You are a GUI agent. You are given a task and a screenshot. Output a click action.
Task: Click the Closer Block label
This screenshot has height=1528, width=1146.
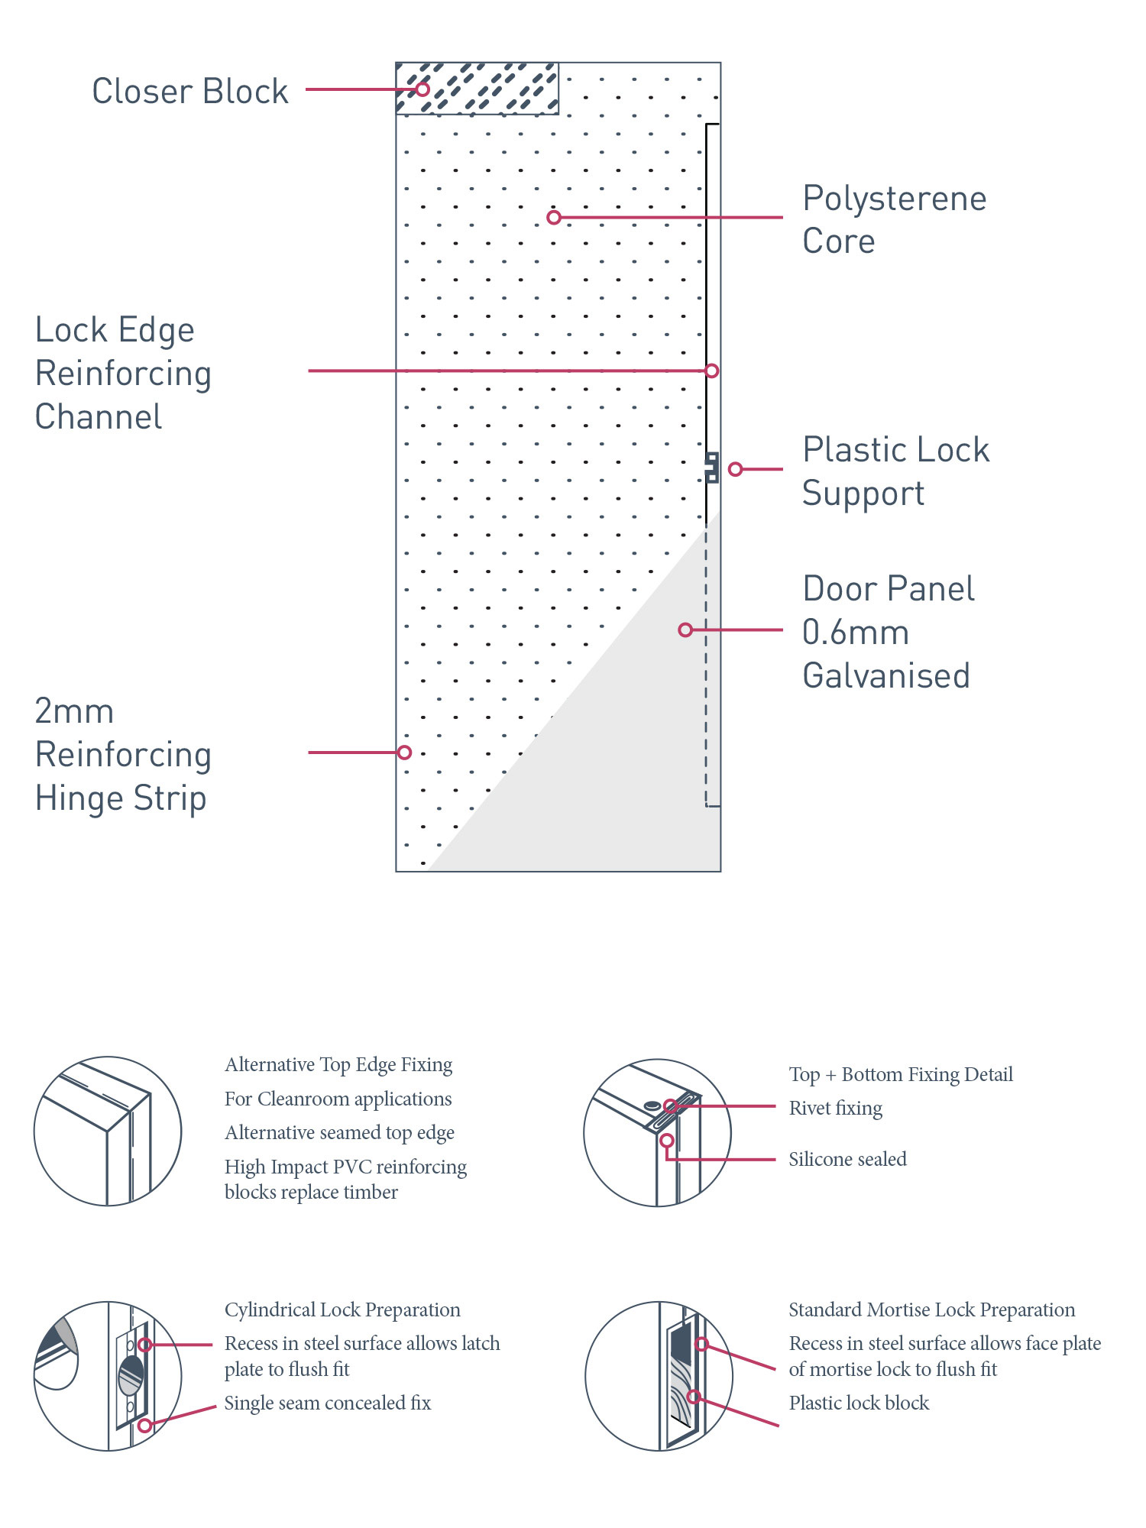[x=189, y=91]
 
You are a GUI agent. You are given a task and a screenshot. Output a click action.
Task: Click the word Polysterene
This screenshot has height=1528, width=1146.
[x=894, y=199]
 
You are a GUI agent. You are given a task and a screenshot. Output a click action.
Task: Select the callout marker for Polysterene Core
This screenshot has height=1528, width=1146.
[x=554, y=218]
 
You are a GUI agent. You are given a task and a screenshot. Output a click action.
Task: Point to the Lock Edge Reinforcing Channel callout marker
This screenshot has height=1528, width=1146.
[x=711, y=371]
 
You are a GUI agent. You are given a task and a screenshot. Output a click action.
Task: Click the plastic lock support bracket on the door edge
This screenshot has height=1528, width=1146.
[x=711, y=468]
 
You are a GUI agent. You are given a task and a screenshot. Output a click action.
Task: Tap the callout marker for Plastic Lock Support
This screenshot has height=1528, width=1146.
[x=735, y=469]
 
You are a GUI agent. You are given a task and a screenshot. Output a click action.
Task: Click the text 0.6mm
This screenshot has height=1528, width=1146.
[x=855, y=633]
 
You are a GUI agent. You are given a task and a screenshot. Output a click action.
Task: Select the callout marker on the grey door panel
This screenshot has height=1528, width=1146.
[x=685, y=630]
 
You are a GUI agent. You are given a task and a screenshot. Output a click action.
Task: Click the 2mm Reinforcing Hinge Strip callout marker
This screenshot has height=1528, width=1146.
[x=404, y=753]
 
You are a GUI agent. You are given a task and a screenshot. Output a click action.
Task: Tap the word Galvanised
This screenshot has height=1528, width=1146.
[x=885, y=676]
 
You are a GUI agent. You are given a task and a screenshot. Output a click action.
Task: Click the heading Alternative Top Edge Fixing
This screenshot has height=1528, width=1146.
[x=338, y=1064]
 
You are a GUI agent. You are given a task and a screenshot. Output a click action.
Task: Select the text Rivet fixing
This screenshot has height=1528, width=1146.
[x=835, y=1108]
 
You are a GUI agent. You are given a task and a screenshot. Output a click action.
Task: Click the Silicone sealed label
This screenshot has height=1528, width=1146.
[x=847, y=1159]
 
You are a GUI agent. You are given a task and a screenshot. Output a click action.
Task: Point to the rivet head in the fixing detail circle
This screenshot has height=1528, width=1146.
[x=652, y=1106]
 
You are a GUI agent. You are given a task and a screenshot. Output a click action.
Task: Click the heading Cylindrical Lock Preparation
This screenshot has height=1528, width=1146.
[x=342, y=1309]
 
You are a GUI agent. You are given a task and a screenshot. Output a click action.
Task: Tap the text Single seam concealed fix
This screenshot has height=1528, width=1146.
[x=327, y=1403]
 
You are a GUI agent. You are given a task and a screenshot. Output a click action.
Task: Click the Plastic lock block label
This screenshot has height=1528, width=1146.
[x=859, y=1403]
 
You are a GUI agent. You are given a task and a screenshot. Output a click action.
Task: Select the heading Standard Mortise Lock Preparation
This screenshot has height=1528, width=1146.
[x=931, y=1309]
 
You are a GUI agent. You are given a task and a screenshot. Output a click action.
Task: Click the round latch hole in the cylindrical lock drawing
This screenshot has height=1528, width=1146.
[x=131, y=1376]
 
